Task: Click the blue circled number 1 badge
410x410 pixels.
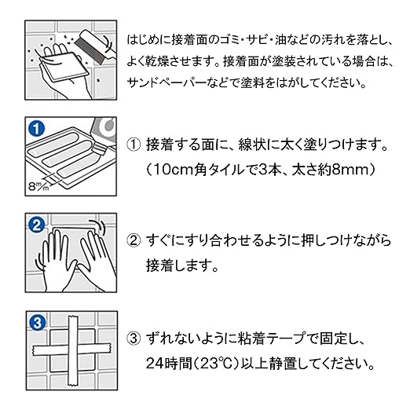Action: (x=37, y=129)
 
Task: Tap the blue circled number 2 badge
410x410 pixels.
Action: (x=37, y=225)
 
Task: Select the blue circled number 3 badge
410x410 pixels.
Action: (x=38, y=323)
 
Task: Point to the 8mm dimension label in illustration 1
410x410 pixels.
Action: (x=38, y=186)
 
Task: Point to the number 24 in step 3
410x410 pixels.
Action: (x=153, y=364)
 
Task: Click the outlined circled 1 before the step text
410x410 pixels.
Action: (x=134, y=145)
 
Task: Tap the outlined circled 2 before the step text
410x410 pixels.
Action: (x=134, y=240)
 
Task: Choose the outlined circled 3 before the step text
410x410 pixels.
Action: (x=134, y=339)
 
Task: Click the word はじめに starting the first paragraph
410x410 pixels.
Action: (x=148, y=41)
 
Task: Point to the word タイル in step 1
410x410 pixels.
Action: (x=227, y=170)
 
